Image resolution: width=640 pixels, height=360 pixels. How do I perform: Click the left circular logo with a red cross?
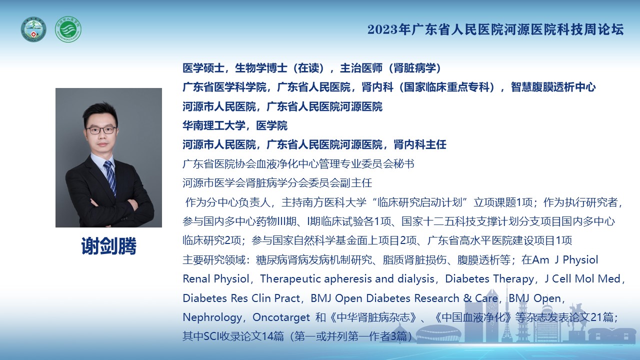[33, 29]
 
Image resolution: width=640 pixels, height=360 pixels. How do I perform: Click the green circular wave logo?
[68, 29]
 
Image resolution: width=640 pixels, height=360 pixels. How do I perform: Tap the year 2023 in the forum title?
[382, 29]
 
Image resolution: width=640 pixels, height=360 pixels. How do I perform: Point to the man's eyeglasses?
[101, 130]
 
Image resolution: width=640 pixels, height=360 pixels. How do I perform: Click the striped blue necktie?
[110, 177]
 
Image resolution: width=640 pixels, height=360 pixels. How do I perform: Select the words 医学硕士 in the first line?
[203, 68]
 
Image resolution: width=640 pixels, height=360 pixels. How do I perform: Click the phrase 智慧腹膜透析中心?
[553, 87]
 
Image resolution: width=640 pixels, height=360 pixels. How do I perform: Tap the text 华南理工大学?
[214, 125]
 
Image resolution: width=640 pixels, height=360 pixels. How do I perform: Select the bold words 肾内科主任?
[420, 144]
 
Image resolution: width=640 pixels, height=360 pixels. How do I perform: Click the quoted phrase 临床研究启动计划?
[419, 202]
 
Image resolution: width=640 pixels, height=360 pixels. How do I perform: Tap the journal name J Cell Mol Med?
[582, 278]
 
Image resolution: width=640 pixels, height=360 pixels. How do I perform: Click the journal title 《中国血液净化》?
[473, 317]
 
